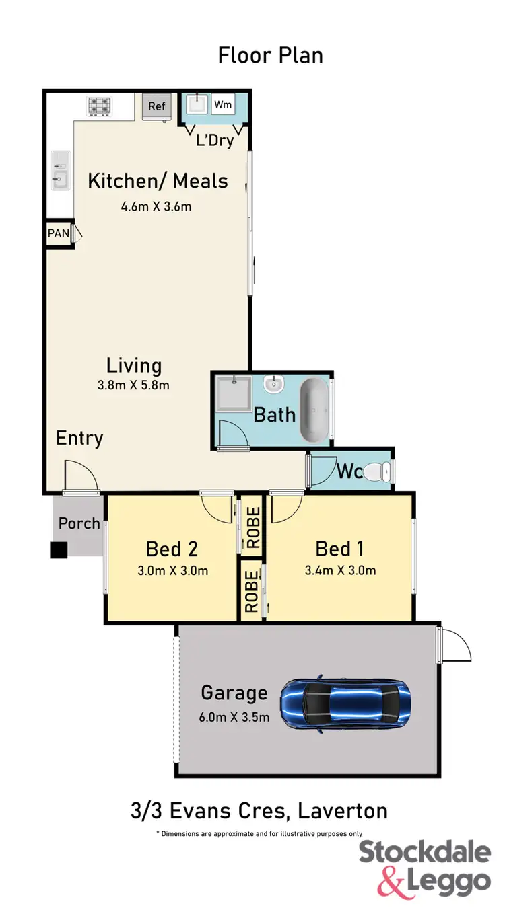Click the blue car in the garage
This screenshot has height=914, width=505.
click(345, 703)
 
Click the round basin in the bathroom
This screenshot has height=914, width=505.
click(273, 386)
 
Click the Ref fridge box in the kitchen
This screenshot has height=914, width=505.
click(157, 107)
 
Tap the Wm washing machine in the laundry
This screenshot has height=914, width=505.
click(223, 105)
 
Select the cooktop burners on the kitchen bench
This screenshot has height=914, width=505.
click(99, 106)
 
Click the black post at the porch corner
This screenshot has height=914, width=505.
click(59, 549)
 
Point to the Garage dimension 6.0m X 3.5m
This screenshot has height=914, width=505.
click(235, 717)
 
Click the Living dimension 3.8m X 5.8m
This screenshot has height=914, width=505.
click(135, 385)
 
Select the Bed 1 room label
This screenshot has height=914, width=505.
click(340, 549)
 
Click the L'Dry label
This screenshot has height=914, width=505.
click(215, 140)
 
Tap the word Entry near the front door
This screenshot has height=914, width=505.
click(79, 439)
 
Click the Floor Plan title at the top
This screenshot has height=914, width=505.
click(271, 55)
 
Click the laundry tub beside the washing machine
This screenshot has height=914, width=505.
click(196, 105)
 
